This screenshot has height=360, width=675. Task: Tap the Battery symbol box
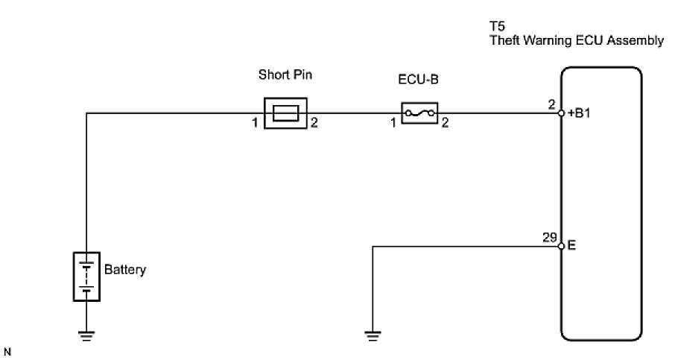pos(86,277)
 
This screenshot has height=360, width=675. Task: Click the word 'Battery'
pos(125,270)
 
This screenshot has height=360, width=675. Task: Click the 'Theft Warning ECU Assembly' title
pos(576,42)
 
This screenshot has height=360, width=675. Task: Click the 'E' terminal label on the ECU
pos(571,244)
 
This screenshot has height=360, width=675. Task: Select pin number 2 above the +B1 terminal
pos(552,105)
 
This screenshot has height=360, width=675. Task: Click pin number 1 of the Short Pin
pos(255,123)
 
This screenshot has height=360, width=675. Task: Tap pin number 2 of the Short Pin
pos(314,123)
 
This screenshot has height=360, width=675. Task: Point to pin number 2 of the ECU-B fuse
pos(445,123)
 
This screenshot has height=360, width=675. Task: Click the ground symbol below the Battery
pos(86,335)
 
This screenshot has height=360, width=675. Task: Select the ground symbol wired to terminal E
pos(373,335)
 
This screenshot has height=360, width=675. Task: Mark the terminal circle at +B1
pos(561,113)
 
